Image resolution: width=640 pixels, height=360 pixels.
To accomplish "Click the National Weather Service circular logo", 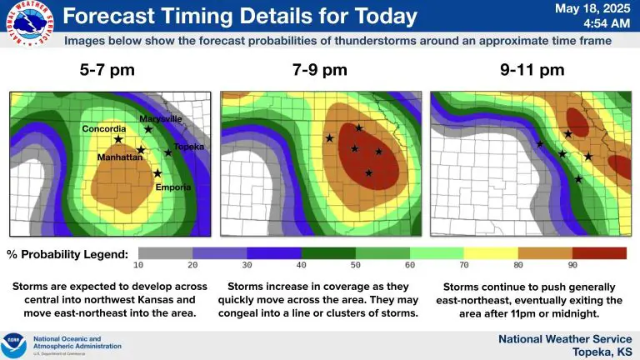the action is [x=30, y=23].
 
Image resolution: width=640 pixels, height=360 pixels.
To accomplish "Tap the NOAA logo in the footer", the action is [x=13, y=345].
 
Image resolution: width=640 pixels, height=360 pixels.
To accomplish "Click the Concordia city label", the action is [x=104, y=129].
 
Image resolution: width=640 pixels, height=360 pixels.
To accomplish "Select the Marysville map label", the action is [x=160, y=119].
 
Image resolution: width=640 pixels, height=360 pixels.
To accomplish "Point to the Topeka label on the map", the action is [x=188, y=147].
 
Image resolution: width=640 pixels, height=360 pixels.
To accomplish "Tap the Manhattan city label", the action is [x=120, y=157].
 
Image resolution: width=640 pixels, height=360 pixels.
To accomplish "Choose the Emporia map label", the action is [x=173, y=187].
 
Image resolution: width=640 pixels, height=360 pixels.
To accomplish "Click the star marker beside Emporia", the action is [x=157, y=173].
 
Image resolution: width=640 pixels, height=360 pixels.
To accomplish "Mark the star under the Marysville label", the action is [x=148, y=129].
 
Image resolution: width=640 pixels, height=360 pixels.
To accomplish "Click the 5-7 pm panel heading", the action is [x=107, y=70].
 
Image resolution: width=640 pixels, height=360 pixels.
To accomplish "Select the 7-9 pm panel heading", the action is [x=320, y=70].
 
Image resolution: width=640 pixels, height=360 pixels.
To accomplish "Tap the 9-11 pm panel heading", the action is [x=532, y=70].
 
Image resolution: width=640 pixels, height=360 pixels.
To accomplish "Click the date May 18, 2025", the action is [x=592, y=8].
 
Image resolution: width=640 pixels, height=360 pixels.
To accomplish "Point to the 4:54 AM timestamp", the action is [x=607, y=23].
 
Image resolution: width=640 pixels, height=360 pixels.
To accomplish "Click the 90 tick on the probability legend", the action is [x=572, y=265].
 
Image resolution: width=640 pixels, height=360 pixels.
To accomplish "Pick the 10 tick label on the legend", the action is [x=138, y=265].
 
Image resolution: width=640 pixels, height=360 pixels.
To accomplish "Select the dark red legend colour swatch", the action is [x=600, y=253].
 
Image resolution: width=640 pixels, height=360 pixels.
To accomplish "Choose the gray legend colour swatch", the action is [x=165, y=253].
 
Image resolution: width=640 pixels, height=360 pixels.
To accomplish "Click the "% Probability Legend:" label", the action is [x=67, y=254].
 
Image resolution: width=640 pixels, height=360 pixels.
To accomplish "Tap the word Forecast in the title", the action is [x=108, y=17].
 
